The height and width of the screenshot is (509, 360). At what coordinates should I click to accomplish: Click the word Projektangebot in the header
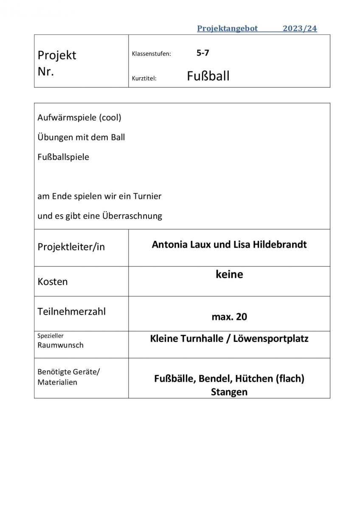(x=228, y=29)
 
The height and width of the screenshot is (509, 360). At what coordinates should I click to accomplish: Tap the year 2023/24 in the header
(x=300, y=29)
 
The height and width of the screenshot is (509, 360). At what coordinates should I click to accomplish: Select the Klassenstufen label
(x=151, y=54)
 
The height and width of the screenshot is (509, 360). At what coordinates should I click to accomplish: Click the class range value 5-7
(x=202, y=53)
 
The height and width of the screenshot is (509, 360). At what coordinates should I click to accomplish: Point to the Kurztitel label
(x=144, y=78)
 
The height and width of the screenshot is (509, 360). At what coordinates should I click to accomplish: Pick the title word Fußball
(x=208, y=76)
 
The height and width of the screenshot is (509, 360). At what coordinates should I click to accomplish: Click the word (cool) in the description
(x=110, y=117)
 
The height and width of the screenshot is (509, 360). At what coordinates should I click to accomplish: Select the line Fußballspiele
(x=63, y=157)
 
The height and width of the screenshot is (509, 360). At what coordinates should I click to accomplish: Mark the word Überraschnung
(x=132, y=216)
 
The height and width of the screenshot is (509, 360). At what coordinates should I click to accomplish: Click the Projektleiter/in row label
(x=71, y=247)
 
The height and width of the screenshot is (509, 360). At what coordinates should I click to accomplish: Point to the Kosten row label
(x=53, y=282)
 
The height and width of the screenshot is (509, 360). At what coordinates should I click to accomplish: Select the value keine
(x=229, y=274)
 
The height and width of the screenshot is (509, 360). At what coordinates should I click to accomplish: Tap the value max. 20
(x=229, y=316)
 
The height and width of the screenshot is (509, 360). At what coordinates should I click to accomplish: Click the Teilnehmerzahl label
(x=72, y=311)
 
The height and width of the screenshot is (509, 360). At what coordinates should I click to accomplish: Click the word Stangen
(x=229, y=392)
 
